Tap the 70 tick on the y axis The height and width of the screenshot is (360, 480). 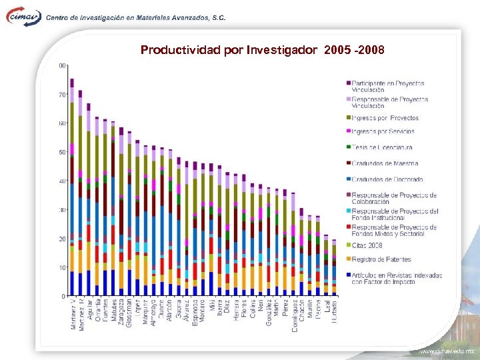(x=61, y=95)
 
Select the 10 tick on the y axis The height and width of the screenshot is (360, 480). (x=61, y=267)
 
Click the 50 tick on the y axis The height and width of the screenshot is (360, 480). (x=61, y=152)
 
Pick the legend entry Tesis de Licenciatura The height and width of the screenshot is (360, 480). (x=382, y=147)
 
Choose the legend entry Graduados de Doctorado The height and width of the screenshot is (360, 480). (x=387, y=179)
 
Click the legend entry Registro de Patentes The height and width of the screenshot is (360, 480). (x=381, y=259)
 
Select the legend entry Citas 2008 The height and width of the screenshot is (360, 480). (x=367, y=245)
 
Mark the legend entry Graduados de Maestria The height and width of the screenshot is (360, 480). (x=385, y=163)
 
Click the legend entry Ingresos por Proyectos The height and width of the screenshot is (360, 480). (x=385, y=118)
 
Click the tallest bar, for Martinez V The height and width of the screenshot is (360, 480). (x=72, y=187)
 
